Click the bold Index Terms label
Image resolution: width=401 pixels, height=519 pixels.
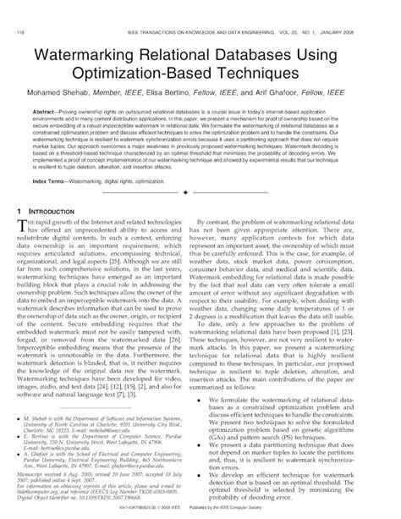pyautogui.click(x=52, y=181)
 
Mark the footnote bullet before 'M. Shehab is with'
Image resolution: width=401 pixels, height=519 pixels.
pyautogui.click(x=21, y=418)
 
